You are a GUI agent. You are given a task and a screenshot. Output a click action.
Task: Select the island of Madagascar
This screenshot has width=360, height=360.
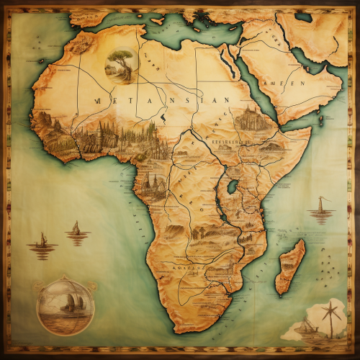[291, 266]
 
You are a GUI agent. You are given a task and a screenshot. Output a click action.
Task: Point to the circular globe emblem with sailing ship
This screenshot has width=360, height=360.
[65, 307]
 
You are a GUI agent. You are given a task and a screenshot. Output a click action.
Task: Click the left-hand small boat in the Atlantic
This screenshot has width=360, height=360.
[42, 243]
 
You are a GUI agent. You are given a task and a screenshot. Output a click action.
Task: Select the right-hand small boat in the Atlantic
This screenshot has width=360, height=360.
[76, 230]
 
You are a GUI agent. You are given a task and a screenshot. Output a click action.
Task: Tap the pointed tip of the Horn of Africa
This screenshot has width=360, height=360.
[310, 130]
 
